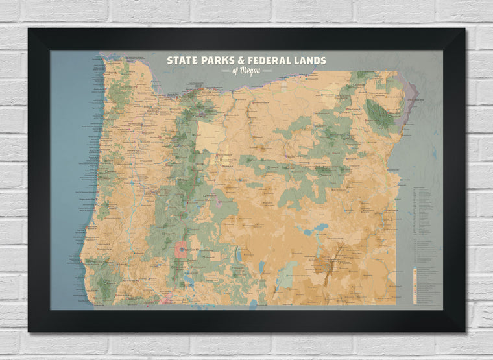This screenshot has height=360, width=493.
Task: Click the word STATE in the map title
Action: pyautogui.click(x=180, y=60)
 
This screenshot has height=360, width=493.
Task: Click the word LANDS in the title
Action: pyautogui.click(x=311, y=60)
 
